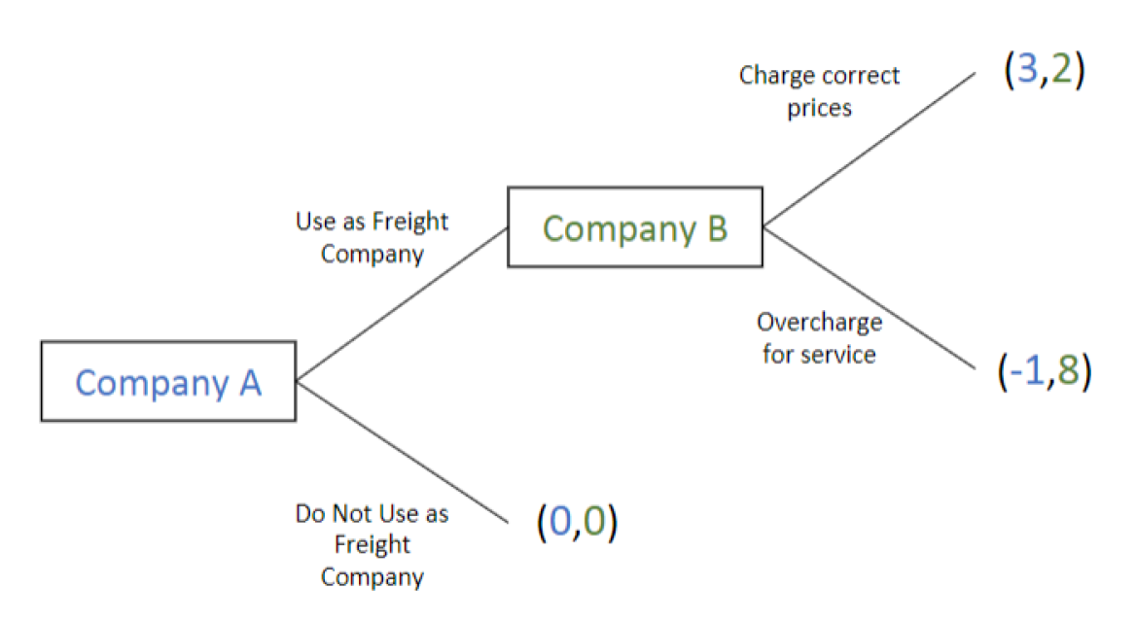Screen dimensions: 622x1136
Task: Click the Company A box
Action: click(x=168, y=381)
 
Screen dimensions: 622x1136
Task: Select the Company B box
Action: click(x=635, y=227)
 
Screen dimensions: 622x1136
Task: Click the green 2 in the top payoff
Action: click(x=1061, y=74)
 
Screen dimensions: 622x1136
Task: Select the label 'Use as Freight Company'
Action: click(x=373, y=238)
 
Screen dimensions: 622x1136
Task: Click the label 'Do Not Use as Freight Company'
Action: click(x=373, y=545)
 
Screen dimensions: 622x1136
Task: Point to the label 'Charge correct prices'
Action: click(x=819, y=91)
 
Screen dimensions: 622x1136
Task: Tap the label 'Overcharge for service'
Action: click(x=819, y=338)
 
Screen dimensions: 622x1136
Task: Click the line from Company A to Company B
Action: click(x=402, y=304)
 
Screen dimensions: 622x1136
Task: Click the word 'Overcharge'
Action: click(x=819, y=323)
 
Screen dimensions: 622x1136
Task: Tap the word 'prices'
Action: click(x=819, y=108)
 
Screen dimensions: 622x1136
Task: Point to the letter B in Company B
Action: click(x=715, y=228)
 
